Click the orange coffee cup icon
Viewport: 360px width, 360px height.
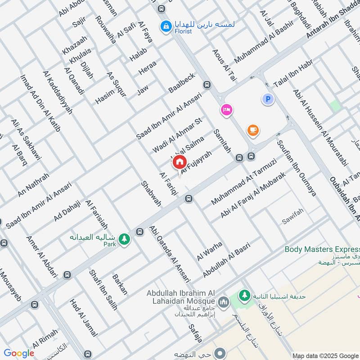253,130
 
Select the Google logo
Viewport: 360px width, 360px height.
19,353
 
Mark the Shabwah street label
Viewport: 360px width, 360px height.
151,194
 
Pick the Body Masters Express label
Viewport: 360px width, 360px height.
322,249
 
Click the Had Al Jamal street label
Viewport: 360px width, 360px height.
83,318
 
